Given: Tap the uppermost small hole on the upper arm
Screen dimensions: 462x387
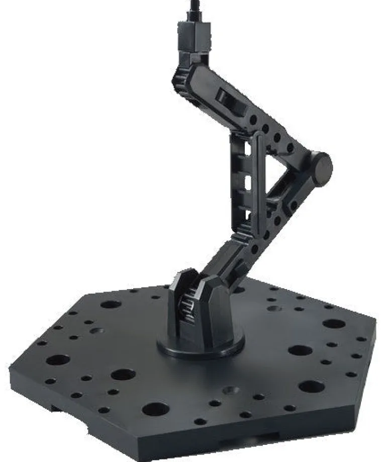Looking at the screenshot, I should tap(254, 120).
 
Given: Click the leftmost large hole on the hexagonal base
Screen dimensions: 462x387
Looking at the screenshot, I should tap(57, 360).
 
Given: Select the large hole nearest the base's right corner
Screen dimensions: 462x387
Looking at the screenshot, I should tap(334, 323).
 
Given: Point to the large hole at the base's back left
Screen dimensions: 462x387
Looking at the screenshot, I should tap(110, 304).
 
